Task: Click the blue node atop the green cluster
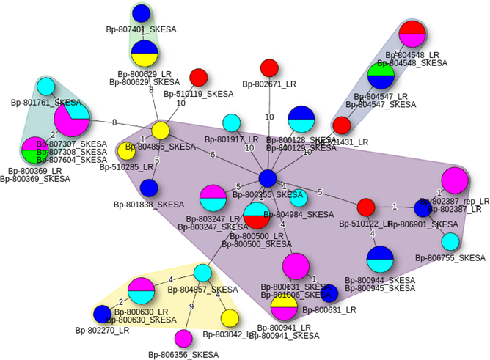point(141,13)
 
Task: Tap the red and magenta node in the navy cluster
point(412,34)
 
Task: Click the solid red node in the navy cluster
point(342,125)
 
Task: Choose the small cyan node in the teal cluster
point(46,87)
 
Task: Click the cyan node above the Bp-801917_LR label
point(232,122)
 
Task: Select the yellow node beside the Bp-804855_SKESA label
point(161,131)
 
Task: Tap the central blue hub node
point(268,178)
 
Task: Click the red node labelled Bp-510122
point(366,207)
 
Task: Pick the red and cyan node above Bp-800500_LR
point(257,215)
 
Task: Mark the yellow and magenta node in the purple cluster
point(284,306)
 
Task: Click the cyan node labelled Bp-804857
point(202,273)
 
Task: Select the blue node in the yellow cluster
point(102,314)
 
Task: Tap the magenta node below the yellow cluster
point(183,338)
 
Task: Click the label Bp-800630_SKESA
point(142,320)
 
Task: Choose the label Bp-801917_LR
point(232,139)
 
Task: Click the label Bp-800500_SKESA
point(257,244)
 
